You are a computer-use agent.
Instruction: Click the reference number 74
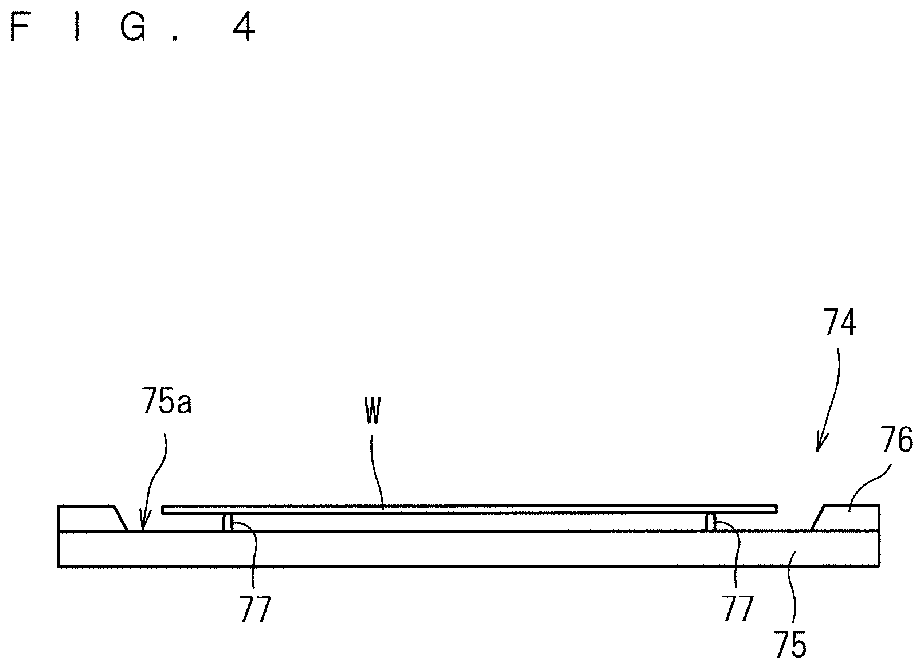(840, 323)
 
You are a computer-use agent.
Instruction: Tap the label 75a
(167, 402)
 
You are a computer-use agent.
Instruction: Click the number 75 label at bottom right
(790, 645)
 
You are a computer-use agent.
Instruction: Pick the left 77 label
(255, 610)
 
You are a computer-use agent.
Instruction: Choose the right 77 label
(737, 610)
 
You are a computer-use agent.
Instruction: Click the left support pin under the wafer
(228, 522)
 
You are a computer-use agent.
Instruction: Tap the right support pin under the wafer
(711, 522)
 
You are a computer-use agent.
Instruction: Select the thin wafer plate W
(470, 509)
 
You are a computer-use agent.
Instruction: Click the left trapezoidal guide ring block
(89, 518)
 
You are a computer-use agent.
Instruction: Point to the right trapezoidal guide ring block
(848, 518)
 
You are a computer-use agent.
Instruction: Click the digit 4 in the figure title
(244, 28)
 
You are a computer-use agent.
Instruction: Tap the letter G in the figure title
(133, 28)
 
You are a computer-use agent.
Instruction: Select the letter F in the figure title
(21, 28)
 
